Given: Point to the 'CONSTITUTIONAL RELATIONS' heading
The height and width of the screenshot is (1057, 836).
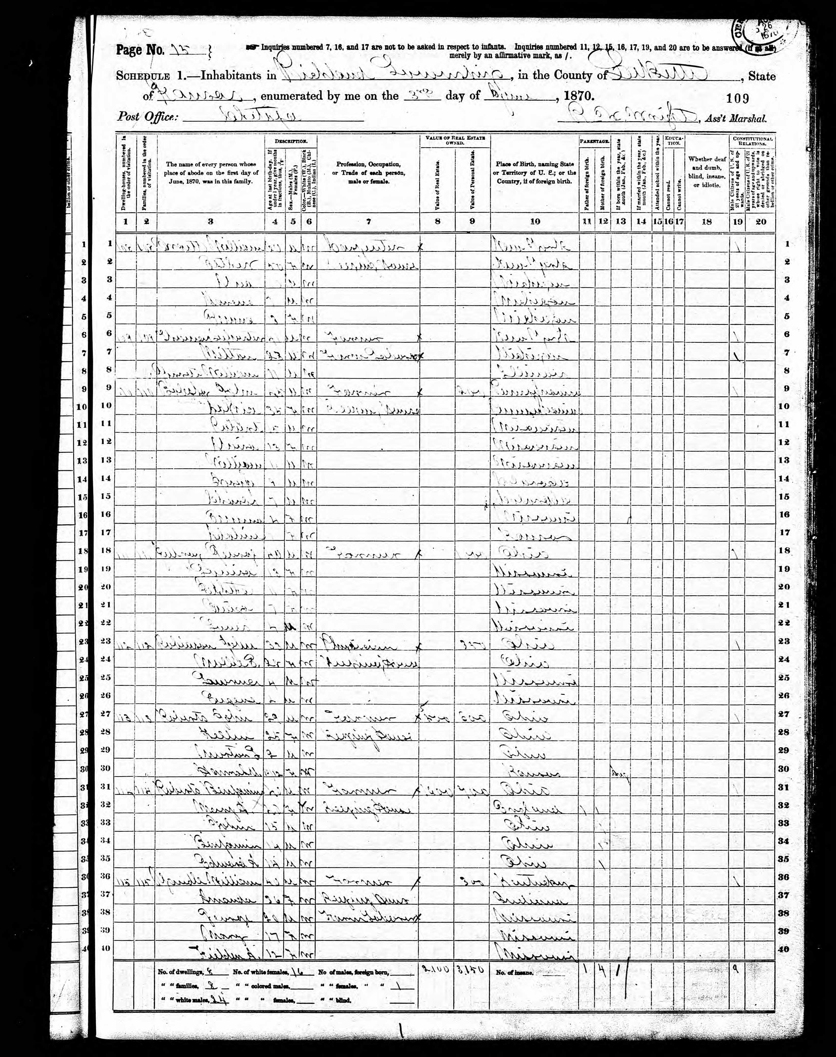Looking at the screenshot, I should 752,141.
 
